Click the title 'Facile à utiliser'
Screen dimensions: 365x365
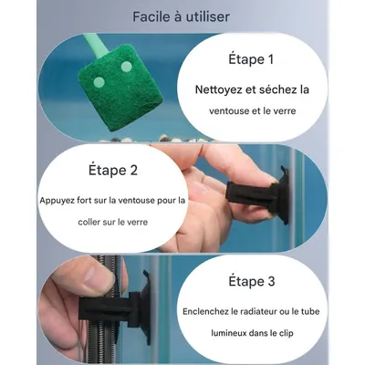181,16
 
